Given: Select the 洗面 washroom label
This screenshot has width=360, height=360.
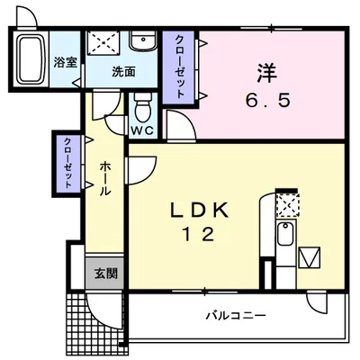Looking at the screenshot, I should (x=123, y=72).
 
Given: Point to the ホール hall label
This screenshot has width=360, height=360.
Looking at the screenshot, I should (x=103, y=178).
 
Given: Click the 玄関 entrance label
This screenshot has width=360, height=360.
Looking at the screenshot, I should (x=104, y=274).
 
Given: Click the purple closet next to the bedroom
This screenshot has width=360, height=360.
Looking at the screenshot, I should (x=180, y=67).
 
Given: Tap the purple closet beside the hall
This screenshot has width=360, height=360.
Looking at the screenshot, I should (x=67, y=162).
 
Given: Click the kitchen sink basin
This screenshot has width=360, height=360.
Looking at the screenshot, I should (x=284, y=237).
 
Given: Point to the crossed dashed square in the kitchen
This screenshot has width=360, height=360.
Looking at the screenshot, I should (x=286, y=206).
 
